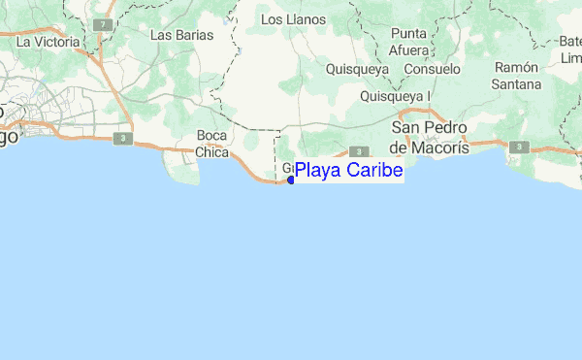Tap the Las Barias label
(x=181, y=35)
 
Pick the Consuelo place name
(x=432, y=70)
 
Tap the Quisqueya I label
(x=395, y=96)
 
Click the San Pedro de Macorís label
(x=429, y=137)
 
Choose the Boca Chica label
(x=211, y=144)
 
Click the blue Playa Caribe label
(x=348, y=172)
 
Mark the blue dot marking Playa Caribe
(x=291, y=180)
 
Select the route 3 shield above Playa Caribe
(x=359, y=151)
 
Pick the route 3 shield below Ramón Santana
(x=520, y=147)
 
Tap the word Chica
(x=211, y=152)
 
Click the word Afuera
(x=408, y=49)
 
